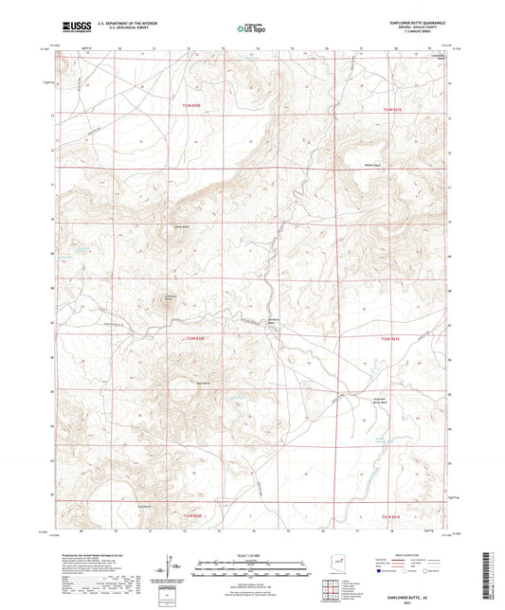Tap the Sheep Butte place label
(x=181, y=226)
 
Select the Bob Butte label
(x=202, y=383)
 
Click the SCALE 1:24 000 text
(x=252, y=554)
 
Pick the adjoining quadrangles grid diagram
(x=332, y=587)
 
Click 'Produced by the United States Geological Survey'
(x=95, y=554)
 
